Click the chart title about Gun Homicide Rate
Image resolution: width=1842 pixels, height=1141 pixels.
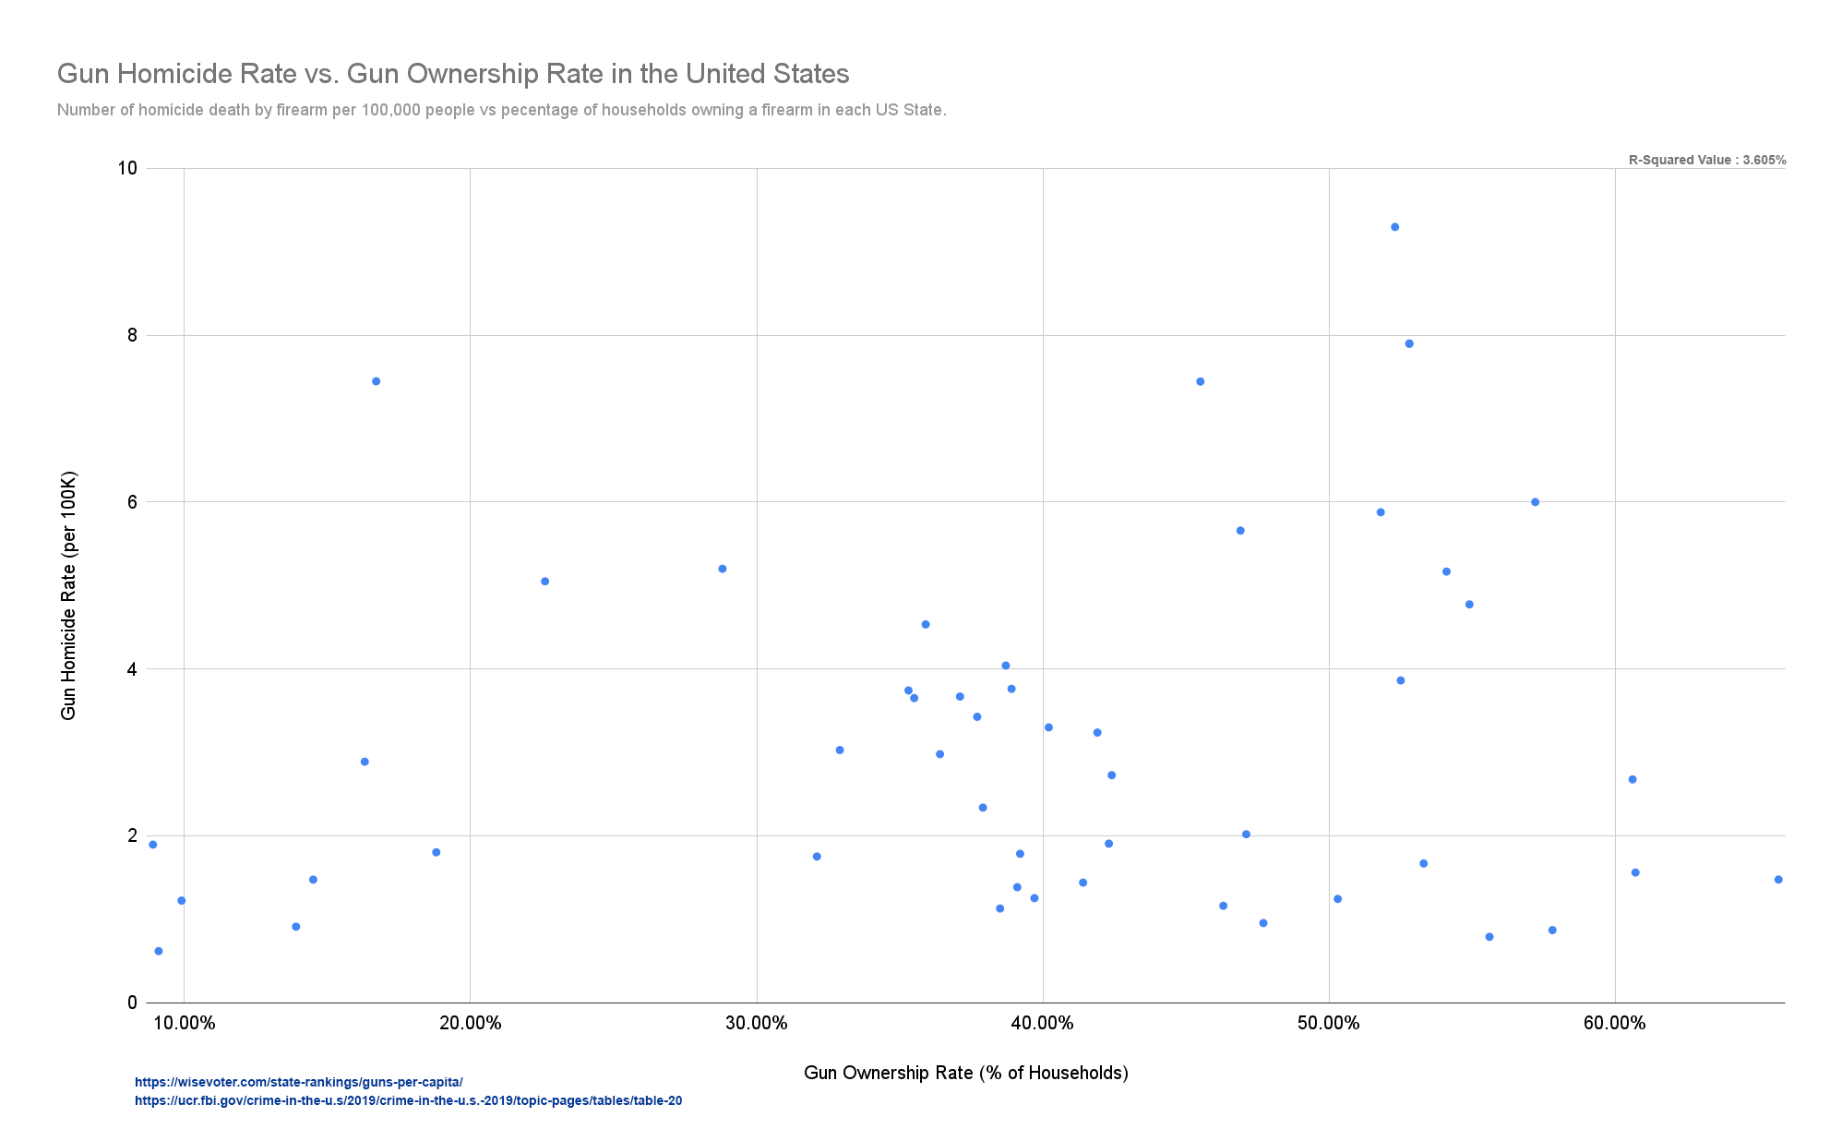coord(452,74)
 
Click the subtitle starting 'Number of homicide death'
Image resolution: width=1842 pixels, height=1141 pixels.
coord(501,110)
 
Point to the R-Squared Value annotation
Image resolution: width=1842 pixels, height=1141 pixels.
coord(1706,160)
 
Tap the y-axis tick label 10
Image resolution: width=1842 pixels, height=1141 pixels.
coord(127,168)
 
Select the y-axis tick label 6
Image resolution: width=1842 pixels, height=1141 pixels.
coord(132,502)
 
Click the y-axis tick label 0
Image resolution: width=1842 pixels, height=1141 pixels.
coord(132,1003)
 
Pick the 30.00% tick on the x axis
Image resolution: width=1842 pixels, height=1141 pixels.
coord(756,1023)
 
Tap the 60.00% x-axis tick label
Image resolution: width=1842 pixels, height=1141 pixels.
coord(1614,1023)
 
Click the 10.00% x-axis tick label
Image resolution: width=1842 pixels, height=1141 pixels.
coord(184,1023)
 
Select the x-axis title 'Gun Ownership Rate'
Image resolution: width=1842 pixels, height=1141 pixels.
coord(965,1073)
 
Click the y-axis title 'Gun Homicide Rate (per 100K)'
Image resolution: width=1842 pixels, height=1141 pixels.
coord(68,595)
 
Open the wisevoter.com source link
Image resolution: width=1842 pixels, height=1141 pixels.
coord(298,1082)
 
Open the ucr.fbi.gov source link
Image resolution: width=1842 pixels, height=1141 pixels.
coord(408,1100)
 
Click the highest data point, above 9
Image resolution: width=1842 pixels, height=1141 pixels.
coord(1394,227)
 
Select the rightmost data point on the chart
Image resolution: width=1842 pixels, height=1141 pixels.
coord(1777,880)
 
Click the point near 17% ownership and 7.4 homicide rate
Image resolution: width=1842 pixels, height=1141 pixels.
coord(376,381)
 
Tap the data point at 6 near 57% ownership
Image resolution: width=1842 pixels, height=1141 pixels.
coord(1535,502)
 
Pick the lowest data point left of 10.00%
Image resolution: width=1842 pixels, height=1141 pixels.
coord(158,951)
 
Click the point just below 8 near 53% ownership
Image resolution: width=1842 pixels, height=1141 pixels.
coord(1409,343)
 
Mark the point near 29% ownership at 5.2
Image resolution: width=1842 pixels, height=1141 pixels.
coord(722,569)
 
